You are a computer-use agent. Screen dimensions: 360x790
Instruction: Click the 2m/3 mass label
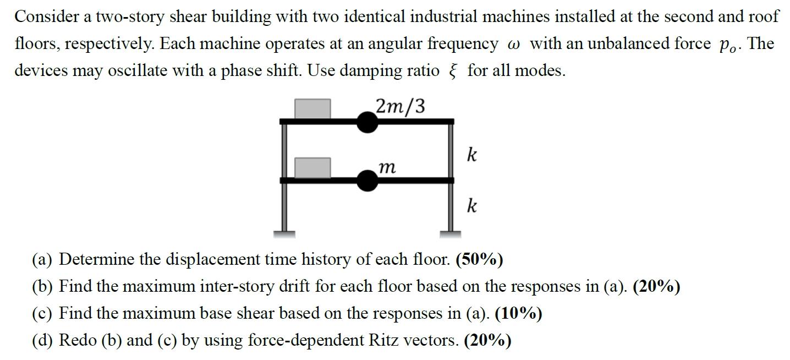tap(400, 106)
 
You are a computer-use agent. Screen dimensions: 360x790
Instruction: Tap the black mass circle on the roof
tap(367, 122)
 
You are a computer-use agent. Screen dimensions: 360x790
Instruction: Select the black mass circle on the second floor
tap(367, 180)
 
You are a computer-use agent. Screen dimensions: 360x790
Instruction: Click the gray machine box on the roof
tap(312, 108)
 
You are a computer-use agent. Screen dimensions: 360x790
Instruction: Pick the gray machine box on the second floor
tap(312, 167)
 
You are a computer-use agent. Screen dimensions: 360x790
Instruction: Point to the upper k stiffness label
tap(471, 154)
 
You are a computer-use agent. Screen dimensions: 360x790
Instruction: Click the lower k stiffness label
tap(471, 206)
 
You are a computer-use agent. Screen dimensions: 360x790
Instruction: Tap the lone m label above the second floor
tap(387, 167)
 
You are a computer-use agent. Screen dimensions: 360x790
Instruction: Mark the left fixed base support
tap(284, 233)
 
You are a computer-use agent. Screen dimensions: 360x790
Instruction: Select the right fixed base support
tap(451, 233)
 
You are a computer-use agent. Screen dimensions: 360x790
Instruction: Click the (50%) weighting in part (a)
tap(479, 259)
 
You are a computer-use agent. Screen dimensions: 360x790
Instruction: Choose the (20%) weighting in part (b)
tap(656, 286)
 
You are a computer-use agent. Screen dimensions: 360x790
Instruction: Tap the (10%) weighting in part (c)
tap(518, 313)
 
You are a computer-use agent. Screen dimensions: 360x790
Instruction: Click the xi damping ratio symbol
tap(453, 71)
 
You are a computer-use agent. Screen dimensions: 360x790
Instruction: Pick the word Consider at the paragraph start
tap(46, 17)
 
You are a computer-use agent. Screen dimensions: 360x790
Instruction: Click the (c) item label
tap(43, 313)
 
